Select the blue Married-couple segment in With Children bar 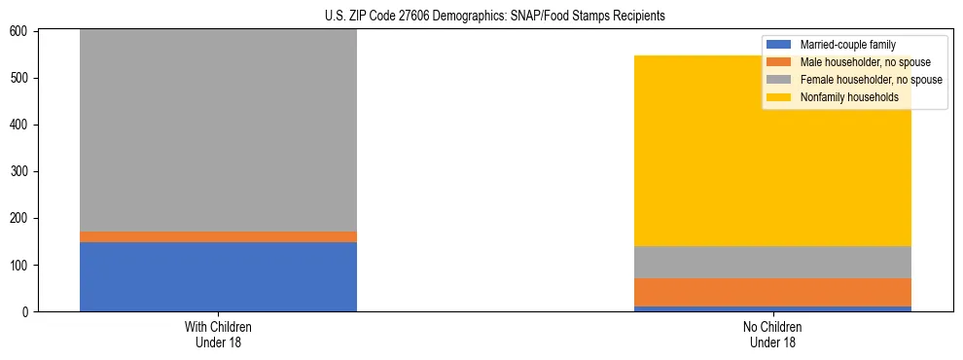click(x=218, y=276)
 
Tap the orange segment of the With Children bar click(x=218, y=236)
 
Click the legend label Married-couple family click(x=847, y=45)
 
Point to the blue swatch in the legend click(x=780, y=45)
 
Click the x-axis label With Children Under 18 click(x=218, y=334)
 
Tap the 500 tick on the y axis click(x=23, y=78)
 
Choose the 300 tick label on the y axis click(x=23, y=171)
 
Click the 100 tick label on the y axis click(x=23, y=265)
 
